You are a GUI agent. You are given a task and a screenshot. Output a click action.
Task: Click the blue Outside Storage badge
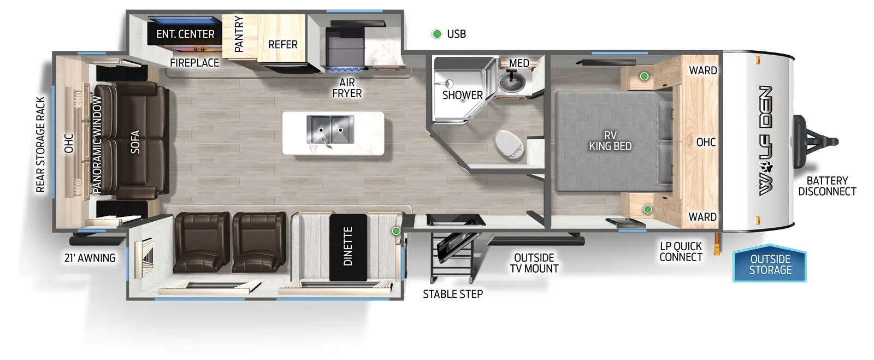click(x=770, y=264)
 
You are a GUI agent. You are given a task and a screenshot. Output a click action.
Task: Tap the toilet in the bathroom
click(x=509, y=144)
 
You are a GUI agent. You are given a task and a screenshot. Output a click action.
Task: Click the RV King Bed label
click(x=610, y=141)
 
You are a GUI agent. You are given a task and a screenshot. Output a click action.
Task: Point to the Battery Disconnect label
click(x=827, y=186)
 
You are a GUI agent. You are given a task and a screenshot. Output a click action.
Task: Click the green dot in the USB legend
click(x=437, y=34)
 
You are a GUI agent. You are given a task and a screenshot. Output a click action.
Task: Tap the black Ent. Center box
click(x=185, y=34)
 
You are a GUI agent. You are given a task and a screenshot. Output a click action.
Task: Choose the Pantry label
click(x=239, y=34)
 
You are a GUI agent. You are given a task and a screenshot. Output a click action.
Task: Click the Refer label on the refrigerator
click(x=283, y=44)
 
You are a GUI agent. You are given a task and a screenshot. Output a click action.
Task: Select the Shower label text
click(x=462, y=95)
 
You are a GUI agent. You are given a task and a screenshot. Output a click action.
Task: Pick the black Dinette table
click(x=348, y=246)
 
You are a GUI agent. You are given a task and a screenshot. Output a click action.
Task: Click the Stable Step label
click(x=453, y=294)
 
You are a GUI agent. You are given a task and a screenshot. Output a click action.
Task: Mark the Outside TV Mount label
click(x=534, y=263)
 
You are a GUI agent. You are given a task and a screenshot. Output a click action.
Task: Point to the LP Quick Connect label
click(x=680, y=252)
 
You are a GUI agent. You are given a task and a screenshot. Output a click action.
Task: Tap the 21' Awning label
click(x=90, y=258)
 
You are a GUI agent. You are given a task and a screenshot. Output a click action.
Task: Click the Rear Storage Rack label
click(x=40, y=145)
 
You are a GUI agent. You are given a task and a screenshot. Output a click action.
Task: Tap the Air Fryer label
click(x=347, y=88)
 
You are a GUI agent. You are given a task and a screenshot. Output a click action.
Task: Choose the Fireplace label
click(x=194, y=63)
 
